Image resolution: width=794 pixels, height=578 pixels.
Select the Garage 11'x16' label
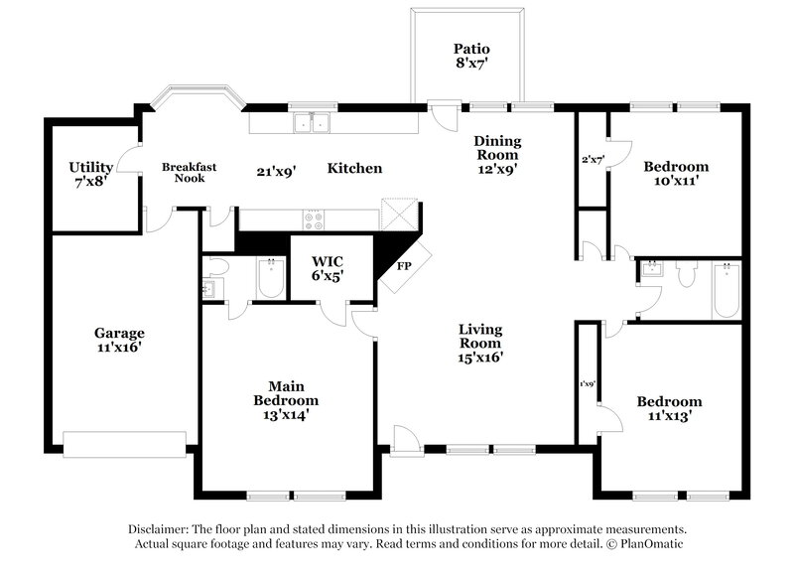[119, 341]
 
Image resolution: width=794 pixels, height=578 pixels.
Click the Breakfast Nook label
[189, 173]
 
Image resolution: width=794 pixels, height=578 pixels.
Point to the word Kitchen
[354, 169]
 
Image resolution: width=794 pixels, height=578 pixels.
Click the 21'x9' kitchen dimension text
[276, 171]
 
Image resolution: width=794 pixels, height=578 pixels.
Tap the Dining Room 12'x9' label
[496, 155]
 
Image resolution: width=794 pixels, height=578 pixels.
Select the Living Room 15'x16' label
[479, 344]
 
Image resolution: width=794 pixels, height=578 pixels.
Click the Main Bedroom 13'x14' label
[285, 400]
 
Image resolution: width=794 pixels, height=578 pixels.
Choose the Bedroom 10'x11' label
[675, 175]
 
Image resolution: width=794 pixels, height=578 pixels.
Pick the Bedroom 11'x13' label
[669, 410]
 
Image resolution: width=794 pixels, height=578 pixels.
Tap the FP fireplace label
[405, 267]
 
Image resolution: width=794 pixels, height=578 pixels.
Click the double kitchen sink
[312, 124]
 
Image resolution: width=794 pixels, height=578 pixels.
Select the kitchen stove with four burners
[313, 220]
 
